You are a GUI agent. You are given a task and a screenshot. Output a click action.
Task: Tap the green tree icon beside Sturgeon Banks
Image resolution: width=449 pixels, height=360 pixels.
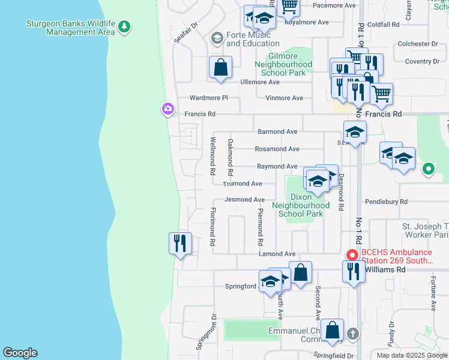tap(124, 27)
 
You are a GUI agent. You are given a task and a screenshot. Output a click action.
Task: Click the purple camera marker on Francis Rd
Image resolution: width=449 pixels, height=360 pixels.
tap(167, 109)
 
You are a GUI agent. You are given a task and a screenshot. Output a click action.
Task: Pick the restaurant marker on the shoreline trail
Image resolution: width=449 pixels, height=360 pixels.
tap(180, 244)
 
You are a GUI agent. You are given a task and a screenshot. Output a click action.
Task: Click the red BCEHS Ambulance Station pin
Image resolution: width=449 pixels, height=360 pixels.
tap(351, 254)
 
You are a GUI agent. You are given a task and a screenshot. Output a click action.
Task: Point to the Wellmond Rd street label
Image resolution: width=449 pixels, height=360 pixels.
tap(213, 155)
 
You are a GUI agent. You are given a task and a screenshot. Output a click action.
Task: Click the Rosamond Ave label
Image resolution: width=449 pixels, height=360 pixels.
tap(277, 149)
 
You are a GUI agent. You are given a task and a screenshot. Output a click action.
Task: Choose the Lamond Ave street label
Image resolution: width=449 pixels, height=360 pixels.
tap(277, 254)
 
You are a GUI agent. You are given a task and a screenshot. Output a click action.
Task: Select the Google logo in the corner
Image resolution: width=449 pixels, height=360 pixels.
tap(20, 353)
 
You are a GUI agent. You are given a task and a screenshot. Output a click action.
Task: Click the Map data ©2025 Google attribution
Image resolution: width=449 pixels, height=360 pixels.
tap(412, 355)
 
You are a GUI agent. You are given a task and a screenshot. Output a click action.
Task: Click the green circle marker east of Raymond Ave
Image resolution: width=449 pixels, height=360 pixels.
tap(428, 169)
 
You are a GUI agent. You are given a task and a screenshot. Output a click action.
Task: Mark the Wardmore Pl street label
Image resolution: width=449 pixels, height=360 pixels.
tap(209, 97)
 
